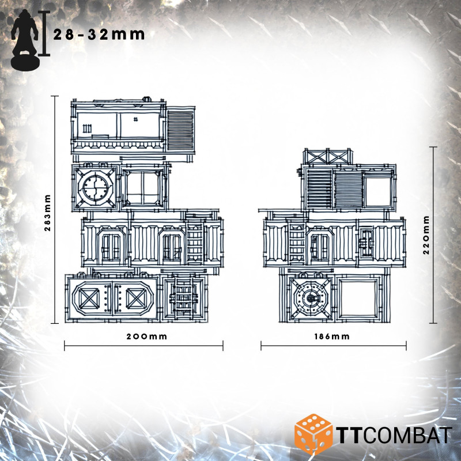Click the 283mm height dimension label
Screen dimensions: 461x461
tap(48, 213)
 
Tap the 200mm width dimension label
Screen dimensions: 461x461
tap(147, 337)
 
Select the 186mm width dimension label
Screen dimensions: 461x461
tap(332, 337)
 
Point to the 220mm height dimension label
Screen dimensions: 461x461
tap(426, 235)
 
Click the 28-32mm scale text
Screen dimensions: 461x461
tap(99, 35)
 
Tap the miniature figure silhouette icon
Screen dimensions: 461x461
tap(25, 40)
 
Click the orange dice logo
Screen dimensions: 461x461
tap(313, 434)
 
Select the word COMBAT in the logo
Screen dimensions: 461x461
tap(409, 435)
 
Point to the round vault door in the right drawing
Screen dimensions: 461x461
tap(311, 298)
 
